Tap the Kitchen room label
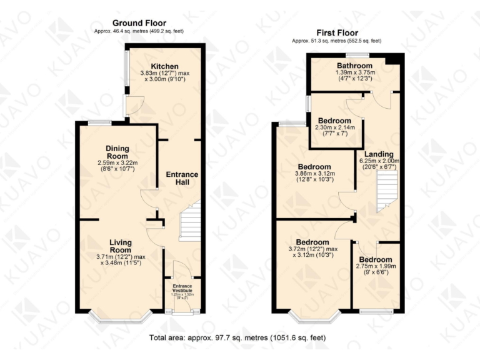pos(164,66)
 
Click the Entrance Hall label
pos(182,178)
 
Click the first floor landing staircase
pos(387,190)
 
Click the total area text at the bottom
pos(237,337)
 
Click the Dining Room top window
pos(99,122)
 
